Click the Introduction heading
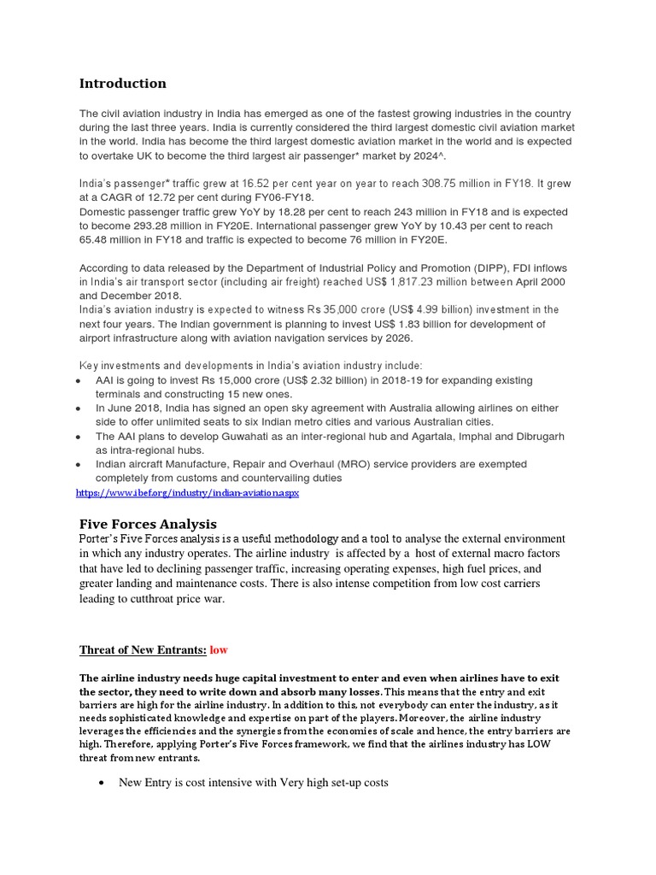coord(123,84)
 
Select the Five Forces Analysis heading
coord(148,524)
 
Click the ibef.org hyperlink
coord(188,494)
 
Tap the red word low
coord(219,649)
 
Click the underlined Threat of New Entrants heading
coord(143,649)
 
